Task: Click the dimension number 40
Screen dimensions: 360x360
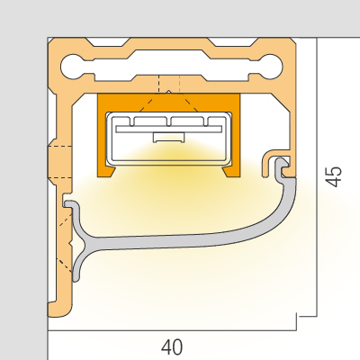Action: click(172, 346)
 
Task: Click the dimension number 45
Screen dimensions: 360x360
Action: click(334, 176)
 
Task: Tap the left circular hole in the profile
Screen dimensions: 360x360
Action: click(71, 67)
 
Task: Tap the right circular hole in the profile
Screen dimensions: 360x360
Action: click(272, 67)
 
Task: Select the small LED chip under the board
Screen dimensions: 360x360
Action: click(168, 138)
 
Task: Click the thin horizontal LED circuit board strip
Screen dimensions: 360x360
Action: click(168, 129)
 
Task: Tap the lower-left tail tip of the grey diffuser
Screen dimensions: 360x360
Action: click(76, 278)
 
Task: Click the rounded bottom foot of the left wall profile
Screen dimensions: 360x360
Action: click(59, 309)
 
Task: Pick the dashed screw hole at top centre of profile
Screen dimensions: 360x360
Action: click(169, 85)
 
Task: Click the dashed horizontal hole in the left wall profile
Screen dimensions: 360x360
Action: click(60, 162)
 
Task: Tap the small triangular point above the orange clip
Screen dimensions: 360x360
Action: click(169, 91)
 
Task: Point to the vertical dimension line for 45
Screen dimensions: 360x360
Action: click(317, 177)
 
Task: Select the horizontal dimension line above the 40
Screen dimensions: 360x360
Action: click(172, 330)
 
